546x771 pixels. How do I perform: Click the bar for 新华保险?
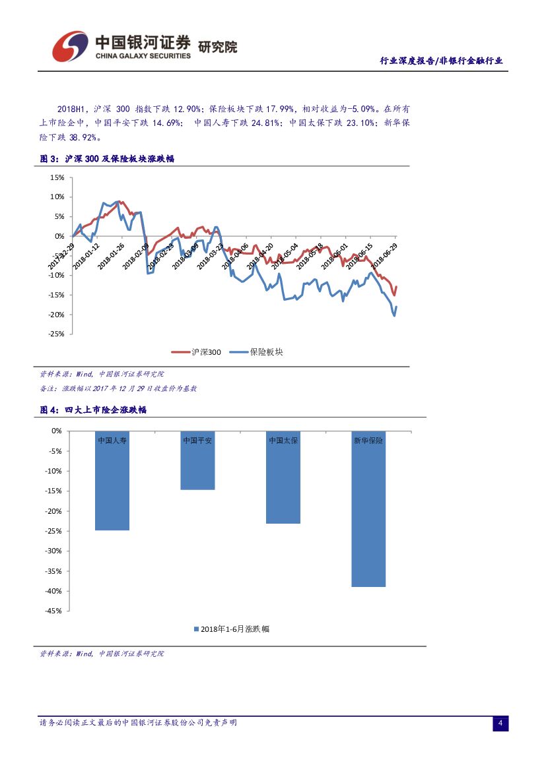pyautogui.click(x=368, y=509)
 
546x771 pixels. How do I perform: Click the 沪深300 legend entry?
pyautogui.click(x=196, y=352)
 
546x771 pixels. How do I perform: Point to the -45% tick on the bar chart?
pyautogui.click(x=53, y=611)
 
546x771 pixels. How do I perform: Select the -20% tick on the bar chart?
pyautogui.click(x=53, y=511)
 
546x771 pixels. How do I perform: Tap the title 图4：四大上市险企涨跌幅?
pyautogui.click(x=93, y=410)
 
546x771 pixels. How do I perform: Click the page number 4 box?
pyautogui.click(x=500, y=724)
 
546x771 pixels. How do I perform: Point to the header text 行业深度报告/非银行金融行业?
pyautogui.click(x=441, y=61)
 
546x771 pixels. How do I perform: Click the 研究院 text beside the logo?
pyautogui.click(x=217, y=47)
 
